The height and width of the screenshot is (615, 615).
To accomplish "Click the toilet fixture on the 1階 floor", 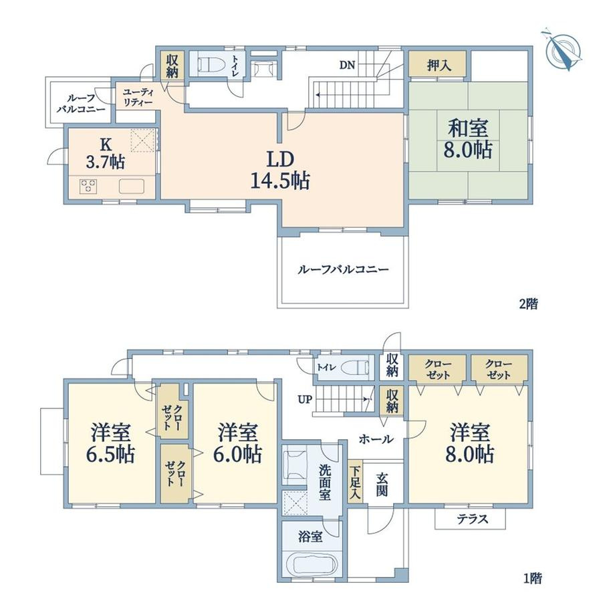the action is pos(356,368).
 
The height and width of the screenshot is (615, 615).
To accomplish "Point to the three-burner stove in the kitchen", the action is pos(88,186).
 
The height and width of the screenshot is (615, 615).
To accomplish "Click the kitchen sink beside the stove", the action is pos(132,186).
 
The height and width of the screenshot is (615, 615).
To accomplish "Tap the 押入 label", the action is pos(439,66).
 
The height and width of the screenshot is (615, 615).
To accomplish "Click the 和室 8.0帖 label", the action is pos(468,139).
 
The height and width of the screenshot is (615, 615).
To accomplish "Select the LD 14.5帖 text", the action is pos(280,170).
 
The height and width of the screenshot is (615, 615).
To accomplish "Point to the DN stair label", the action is pos(347,65).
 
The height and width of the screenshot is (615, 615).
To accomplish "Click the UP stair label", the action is pos(305,400).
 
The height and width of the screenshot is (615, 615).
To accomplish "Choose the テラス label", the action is pos(473,519).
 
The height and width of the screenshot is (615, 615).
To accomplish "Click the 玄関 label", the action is pos(382,484).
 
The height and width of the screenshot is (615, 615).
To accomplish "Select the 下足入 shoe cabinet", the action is pos(355,481).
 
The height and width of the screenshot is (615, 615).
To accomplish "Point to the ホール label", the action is pos(376,439).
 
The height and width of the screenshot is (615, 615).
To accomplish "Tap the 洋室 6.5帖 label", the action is pos(110,443).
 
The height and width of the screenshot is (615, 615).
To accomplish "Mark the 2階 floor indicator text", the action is pos(528,304).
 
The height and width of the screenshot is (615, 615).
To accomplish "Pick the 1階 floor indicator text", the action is pos(533,578).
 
